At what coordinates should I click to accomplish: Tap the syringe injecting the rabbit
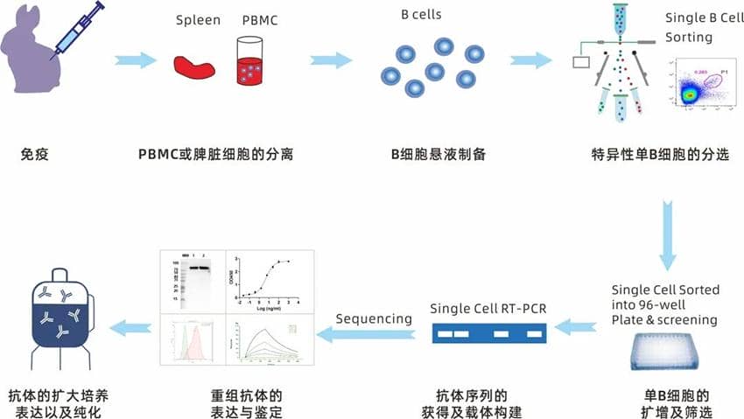78,30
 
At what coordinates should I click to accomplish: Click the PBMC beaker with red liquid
251,62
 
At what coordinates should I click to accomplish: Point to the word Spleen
198,20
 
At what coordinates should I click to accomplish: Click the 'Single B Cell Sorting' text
701,27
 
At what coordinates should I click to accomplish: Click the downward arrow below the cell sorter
668,235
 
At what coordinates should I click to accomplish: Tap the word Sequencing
375,318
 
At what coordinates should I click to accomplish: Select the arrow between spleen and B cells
332,60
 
